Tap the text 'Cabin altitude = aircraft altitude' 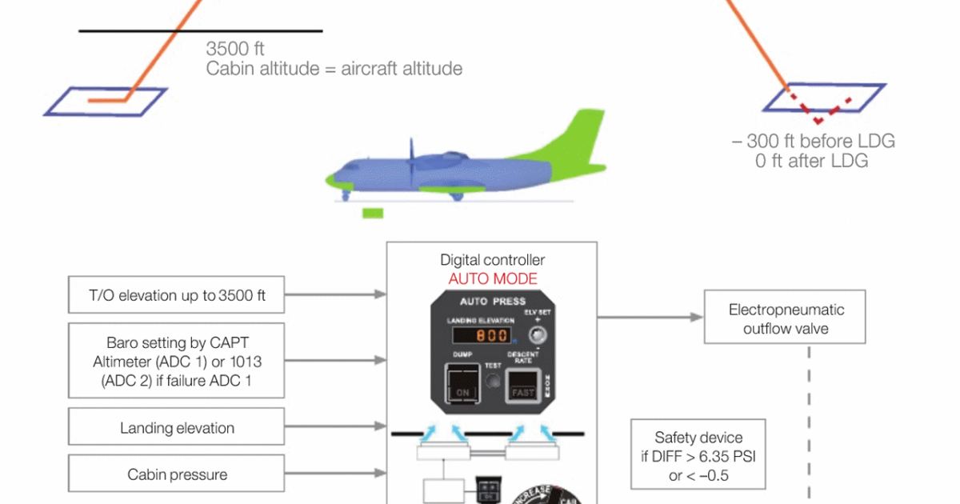click(x=334, y=68)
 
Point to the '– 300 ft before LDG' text click(x=813, y=142)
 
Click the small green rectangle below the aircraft click(x=373, y=213)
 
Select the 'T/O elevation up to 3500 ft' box click(x=177, y=295)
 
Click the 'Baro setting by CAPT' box click(x=177, y=361)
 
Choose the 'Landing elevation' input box click(x=177, y=428)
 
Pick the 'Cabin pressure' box click(x=177, y=474)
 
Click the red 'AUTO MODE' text click(x=493, y=279)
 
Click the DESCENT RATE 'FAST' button click(x=524, y=392)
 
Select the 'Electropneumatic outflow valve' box click(x=786, y=318)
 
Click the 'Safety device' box click(x=698, y=454)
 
